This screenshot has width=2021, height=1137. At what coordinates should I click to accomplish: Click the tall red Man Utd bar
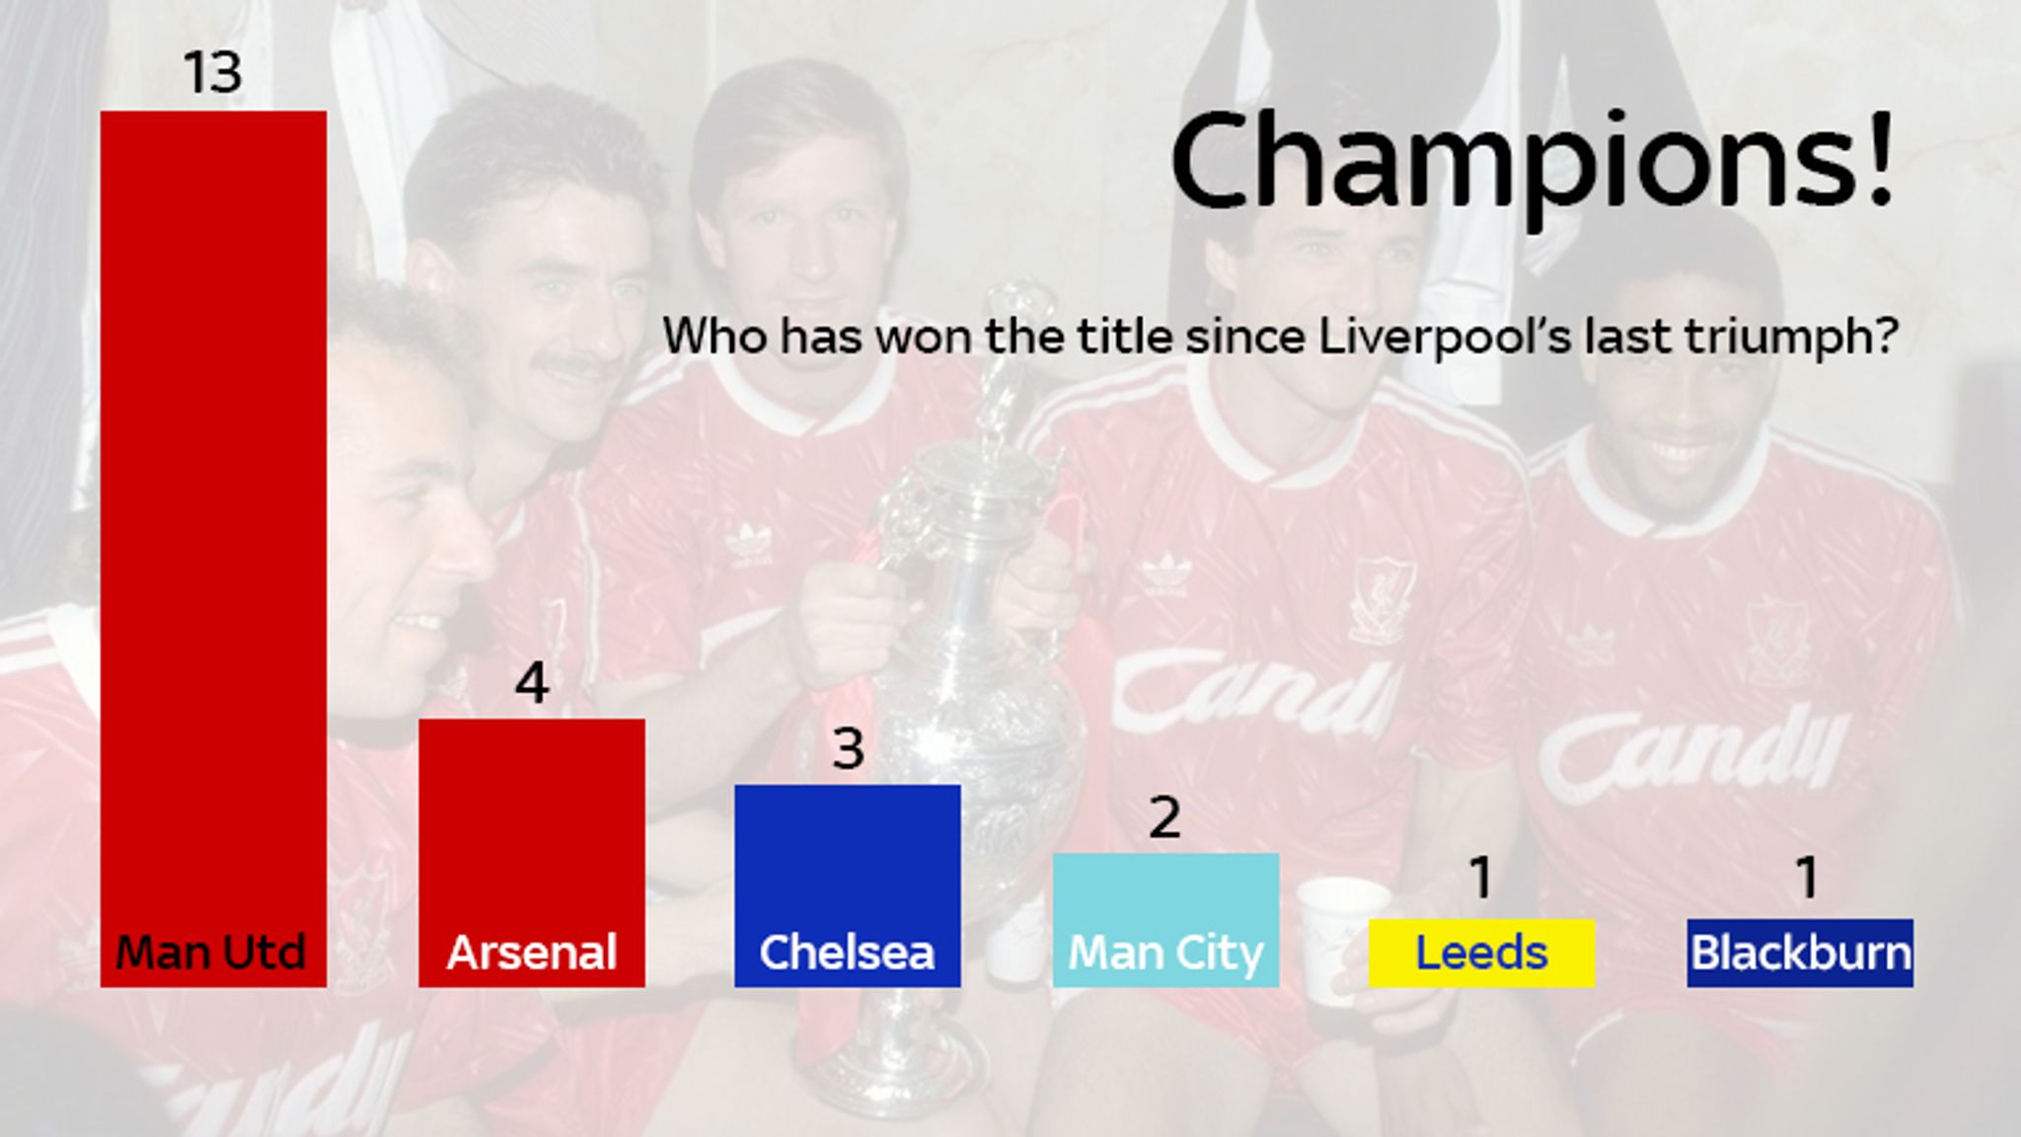coord(213,548)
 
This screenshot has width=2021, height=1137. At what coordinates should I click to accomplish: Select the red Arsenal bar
coord(532,853)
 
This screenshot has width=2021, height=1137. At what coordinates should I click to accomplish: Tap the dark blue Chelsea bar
coord(848,885)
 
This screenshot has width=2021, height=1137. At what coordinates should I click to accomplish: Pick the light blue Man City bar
coord(1165,920)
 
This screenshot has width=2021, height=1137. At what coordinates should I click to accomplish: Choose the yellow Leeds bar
coord(1481,952)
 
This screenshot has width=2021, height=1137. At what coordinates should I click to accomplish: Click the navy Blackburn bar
coord(1800,952)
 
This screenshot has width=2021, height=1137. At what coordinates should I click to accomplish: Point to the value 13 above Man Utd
coord(213,73)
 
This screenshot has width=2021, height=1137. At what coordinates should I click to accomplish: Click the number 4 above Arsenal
coord(532,683)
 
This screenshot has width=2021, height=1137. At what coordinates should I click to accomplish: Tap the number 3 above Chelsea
coord(849,749)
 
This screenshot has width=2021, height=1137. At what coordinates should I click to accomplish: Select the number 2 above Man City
coord(1165,817)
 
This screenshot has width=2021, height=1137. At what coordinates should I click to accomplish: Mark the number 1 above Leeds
coord(1481,877)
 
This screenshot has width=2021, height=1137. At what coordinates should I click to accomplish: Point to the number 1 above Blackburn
coord(1807,877)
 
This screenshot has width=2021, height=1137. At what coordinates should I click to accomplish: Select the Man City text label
coord(1165,953)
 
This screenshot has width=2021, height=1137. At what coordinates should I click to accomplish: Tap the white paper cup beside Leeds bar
coord(1342,938)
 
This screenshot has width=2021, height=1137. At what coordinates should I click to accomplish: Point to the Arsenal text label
coord(532,953)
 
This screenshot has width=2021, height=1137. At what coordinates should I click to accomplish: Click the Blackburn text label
coord(1801,953)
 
